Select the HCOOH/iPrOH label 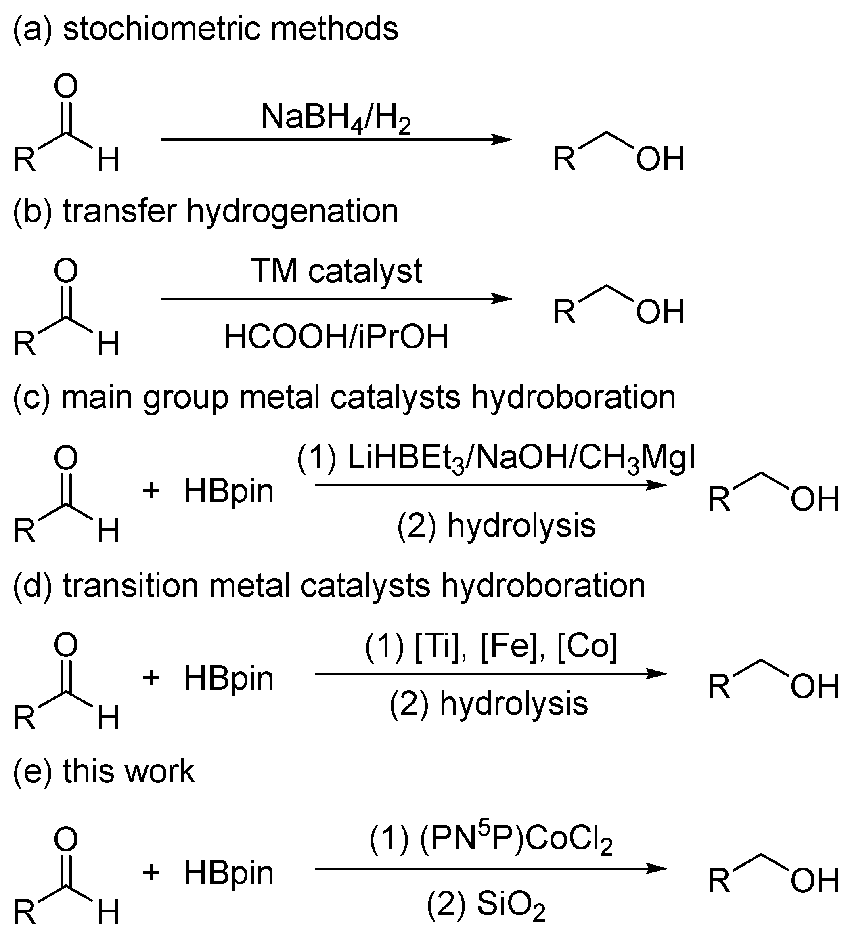(x=336, y=337)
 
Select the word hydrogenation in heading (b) (x=293, y=211)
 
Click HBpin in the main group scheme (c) (x=228, y=492)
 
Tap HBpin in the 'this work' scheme (x=228, y=872)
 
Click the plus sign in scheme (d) (x=151, y=678)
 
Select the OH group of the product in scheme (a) (x=660, y=159)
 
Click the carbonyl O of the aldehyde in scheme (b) (x=66, y=271)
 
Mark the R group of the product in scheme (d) (x=719, y=687)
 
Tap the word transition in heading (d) (x=131, y=585)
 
